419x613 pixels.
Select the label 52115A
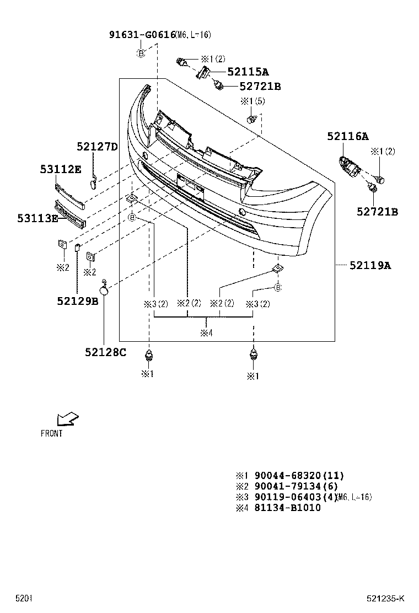pyautogui.click(x=248, y=72)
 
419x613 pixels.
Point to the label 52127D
pyautogui.click(x=97, y=147)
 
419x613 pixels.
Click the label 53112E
pyautogui.click(x=60, y=170)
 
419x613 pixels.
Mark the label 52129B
pyautogui.click(x=77, y=301)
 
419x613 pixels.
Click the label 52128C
pyautogui.click(x=105, y=352)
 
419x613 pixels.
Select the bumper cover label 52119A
pyautogui.click(x=370, y=266)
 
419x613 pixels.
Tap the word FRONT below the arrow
pyautogui.click(x=52, y=433)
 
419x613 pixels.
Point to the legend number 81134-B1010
pyautogui.click(x=287, y=508)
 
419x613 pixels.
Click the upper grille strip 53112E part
pyautogui.click(x=69, y=196)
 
